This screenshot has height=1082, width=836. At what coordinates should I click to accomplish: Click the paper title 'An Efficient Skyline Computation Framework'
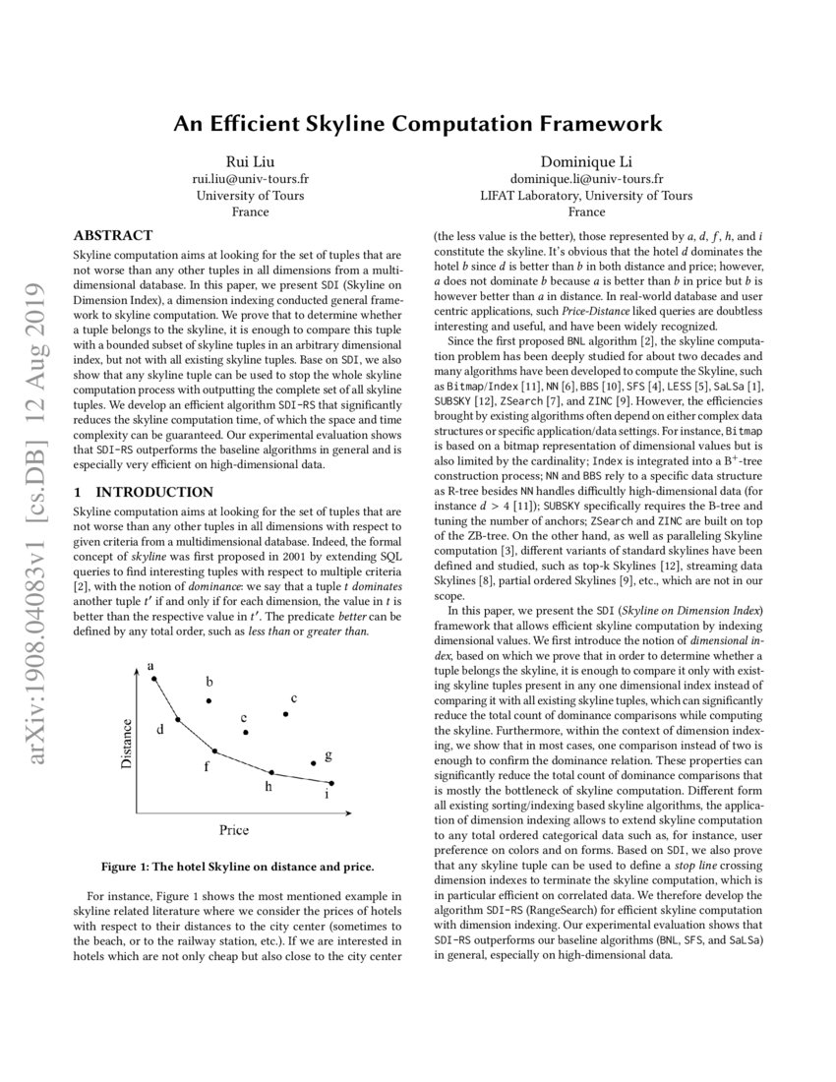point(418,124)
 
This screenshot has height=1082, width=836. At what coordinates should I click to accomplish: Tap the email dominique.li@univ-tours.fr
point(587,179)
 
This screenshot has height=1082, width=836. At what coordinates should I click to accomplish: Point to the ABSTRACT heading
point(113,235)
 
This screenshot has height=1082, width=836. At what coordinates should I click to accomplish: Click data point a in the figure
point(154,679)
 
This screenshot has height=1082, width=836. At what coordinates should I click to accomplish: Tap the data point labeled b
point(209,700)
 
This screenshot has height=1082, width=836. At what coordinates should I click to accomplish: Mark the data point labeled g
point(314,762)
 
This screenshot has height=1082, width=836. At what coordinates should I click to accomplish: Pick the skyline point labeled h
point(271,773)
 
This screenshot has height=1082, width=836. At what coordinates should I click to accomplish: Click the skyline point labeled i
point(331,783)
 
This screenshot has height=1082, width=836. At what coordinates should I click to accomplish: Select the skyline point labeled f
point(215,751)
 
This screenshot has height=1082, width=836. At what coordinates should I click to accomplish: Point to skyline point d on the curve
point(177,720)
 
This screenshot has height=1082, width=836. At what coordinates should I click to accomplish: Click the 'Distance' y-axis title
point(126,743)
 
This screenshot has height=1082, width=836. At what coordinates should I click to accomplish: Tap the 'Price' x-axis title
point(233,829)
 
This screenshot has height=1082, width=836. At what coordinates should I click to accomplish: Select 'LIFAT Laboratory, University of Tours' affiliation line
point(587,195)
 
